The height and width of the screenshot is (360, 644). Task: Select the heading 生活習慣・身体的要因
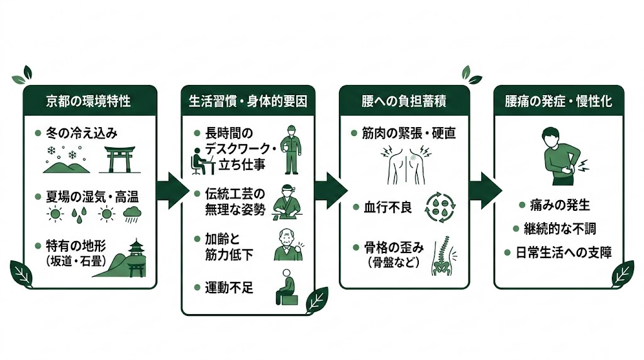248,101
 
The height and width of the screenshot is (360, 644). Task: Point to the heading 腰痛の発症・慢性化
558,101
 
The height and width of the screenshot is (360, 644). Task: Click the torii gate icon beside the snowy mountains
120,159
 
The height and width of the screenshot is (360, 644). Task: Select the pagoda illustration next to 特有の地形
133,259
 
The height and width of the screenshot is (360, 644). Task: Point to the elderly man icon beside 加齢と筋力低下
287,245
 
